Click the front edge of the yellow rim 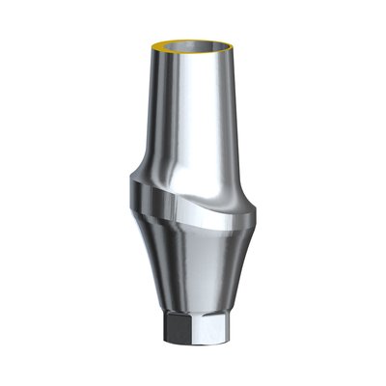(194, 59)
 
